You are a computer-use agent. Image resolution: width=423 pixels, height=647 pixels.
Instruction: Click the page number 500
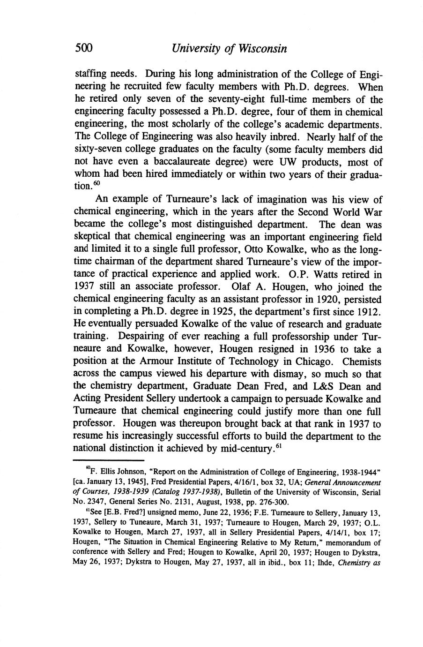[x=84, y=48]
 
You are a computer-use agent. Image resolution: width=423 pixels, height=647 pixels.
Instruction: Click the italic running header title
[x=229, y=48]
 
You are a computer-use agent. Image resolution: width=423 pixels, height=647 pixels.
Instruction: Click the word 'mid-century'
[x=244, y=449]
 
